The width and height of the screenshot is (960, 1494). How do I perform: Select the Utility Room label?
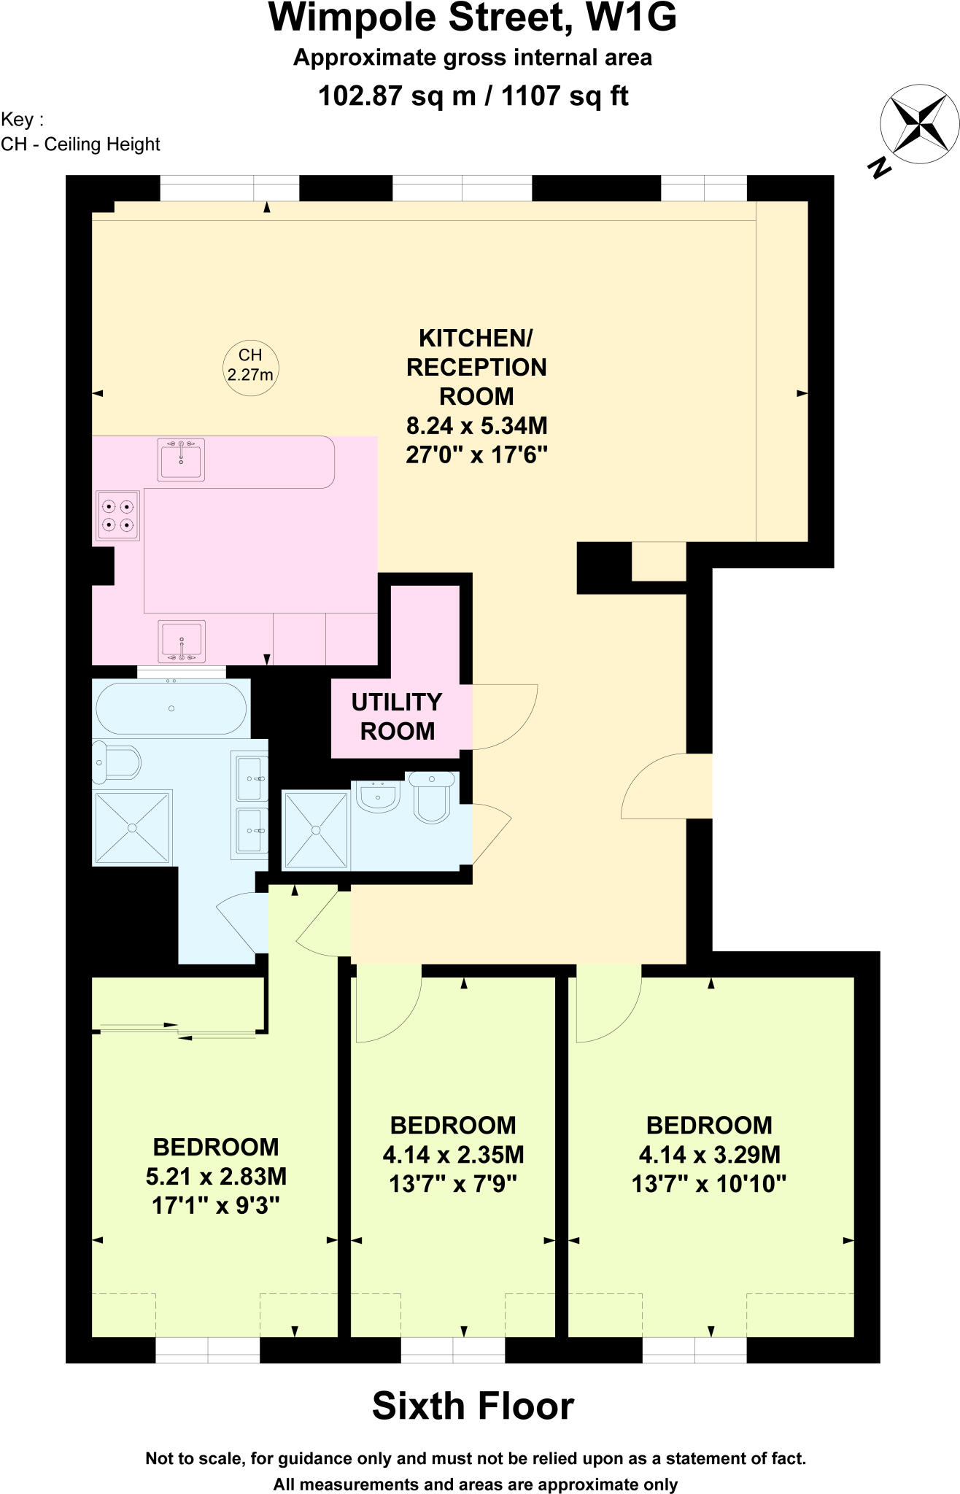[397, 716]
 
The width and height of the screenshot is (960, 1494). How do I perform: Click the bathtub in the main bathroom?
[171, 708]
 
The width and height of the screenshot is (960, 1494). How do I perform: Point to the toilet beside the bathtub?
[117, 762]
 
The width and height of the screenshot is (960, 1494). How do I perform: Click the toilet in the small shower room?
[433, 797]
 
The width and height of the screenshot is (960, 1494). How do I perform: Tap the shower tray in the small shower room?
[316, 830]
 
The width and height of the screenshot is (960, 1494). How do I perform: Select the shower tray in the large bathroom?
[132, 827]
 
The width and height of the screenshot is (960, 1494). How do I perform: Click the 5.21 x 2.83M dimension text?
[216, 1176]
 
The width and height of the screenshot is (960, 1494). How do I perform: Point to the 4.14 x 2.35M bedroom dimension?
[453, 1154]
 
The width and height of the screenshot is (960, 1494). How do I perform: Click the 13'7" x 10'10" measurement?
[708, 1183]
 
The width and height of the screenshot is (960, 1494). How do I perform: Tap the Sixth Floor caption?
[473, 1406]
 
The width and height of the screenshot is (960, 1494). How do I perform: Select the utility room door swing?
[506, 716]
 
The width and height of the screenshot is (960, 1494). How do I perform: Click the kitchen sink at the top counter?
[181, 460]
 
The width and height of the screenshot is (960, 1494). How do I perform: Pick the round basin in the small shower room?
[377, 795]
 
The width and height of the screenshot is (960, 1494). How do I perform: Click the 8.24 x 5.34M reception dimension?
[476, 425]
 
